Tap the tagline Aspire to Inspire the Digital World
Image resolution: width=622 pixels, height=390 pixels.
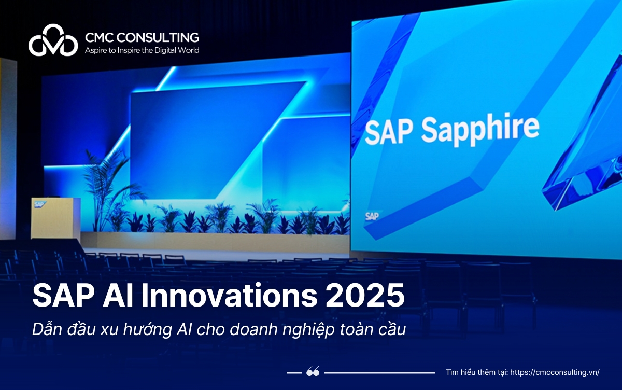[142, 50]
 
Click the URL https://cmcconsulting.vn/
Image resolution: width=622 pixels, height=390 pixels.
[555, 372]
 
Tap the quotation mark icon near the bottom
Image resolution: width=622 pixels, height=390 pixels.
[313, 372]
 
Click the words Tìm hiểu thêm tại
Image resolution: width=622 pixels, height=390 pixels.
[477, 372]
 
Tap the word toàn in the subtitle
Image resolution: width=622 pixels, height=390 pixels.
[351, 330]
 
